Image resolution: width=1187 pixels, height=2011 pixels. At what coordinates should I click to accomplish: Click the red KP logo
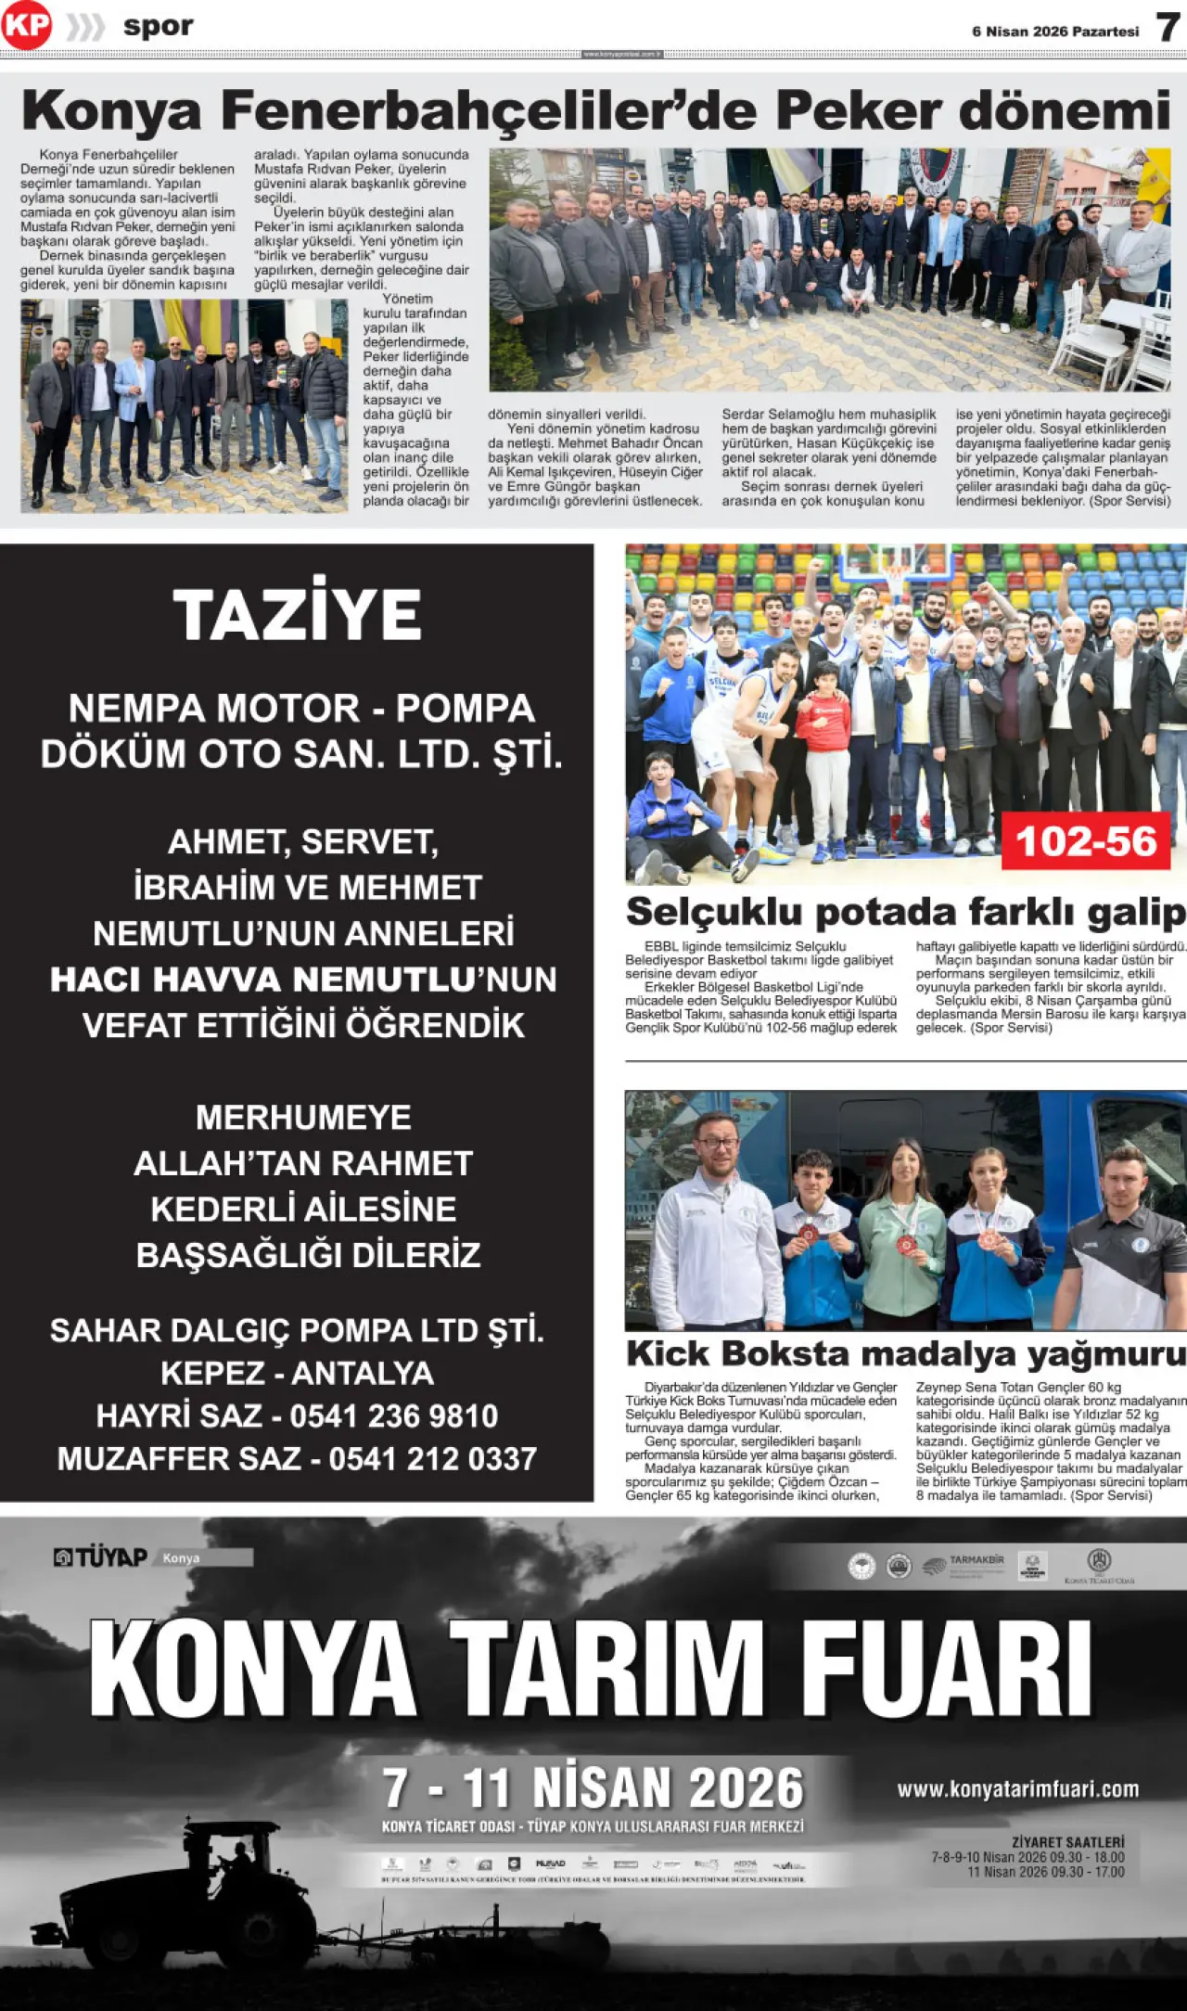[x=26, y=27]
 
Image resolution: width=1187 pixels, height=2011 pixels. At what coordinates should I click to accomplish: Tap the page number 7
[x=1168, y=28]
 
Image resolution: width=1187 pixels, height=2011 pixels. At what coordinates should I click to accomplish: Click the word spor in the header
[x=159, y=26]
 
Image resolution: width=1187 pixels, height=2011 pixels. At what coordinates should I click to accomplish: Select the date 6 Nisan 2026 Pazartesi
[x=1055, y=32]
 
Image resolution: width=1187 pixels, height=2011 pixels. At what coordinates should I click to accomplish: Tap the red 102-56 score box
[x=1086, y=841]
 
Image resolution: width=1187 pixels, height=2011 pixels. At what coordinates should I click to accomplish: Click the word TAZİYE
[x=297, y=615]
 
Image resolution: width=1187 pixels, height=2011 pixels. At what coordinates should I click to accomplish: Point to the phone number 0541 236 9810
[x=393, y=1416]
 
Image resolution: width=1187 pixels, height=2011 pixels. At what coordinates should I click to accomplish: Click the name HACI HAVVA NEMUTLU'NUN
[x=303, y=980]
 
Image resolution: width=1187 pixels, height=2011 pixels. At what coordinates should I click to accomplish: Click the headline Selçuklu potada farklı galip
[x=905, y=912]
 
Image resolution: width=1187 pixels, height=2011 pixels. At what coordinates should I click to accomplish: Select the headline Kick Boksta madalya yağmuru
[x=905, y=1353]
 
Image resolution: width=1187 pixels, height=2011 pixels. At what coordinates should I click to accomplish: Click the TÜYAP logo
[x=100, y=1557]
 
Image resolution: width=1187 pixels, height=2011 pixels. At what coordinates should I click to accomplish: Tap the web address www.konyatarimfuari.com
[x=1017, y=1789]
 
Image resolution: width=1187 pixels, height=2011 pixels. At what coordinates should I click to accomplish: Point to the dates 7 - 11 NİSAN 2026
[x=593, y=1787]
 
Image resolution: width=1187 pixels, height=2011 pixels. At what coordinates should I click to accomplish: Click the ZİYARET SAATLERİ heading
[x=1067, y=1841]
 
